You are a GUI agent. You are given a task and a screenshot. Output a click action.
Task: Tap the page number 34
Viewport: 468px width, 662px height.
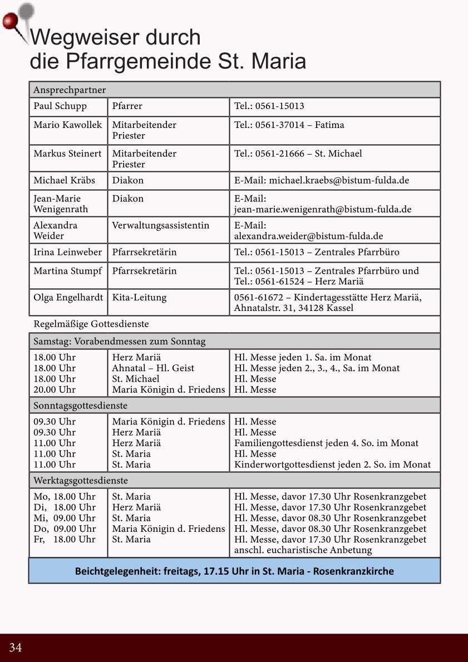click(16, 648)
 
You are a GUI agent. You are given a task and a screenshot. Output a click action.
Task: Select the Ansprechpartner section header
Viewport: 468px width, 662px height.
click(70, 90)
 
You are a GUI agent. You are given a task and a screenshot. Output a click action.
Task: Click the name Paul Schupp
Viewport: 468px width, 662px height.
click(60, 106)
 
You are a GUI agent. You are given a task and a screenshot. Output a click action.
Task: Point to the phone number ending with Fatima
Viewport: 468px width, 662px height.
click(289, 125)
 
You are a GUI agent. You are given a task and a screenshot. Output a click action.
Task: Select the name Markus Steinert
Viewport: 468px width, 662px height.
click(67, 154)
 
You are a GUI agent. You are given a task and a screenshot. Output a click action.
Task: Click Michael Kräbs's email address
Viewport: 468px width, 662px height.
click(322, 180)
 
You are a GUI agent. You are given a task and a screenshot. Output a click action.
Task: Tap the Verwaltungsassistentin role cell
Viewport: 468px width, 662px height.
click(160, 225)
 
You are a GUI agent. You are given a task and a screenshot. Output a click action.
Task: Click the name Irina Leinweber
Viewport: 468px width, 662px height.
click(67, 252)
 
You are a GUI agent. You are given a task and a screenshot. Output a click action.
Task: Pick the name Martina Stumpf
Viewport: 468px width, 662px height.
click(67, 271)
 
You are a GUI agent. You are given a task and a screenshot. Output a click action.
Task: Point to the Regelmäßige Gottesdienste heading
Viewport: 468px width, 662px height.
click(91, 324)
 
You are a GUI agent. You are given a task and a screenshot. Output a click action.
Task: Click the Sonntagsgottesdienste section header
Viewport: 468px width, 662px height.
click(81, 406)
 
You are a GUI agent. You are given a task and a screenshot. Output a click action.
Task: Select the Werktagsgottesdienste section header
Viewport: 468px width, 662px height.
click(81, 480)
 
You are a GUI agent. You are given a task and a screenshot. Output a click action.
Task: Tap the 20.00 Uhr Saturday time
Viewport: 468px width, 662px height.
click(55, 390)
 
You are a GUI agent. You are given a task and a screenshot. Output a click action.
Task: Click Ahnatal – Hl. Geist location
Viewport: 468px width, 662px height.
click(153, 368)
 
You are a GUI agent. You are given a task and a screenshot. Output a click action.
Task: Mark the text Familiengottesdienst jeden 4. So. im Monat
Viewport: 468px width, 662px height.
click(326, 443)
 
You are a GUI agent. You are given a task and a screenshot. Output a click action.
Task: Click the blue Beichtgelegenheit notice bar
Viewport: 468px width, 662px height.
click(234, 571)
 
